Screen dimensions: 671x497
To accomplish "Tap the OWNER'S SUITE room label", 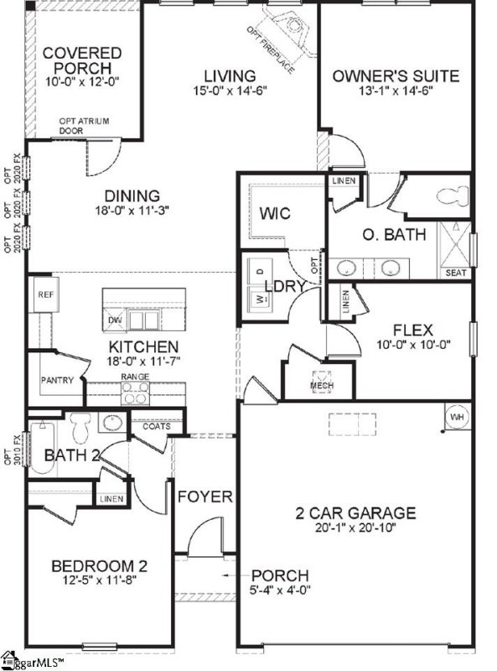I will click(396, 76).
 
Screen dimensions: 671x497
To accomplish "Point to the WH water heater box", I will click(458, 415).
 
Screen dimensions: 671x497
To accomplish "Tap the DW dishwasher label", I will click(114, 321).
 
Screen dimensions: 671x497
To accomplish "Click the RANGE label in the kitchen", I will click(135, 377).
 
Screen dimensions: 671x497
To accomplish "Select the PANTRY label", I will click(58, 381).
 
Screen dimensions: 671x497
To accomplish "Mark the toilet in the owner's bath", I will click(450, 196).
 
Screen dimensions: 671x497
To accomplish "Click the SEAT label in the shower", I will click(457, 273).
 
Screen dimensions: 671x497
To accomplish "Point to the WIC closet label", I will click(274, 213).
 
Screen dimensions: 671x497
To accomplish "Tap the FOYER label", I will click(204, 497).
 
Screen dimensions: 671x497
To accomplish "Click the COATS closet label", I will click(156, 426).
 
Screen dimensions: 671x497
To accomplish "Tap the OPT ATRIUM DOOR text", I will click(84, 126).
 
